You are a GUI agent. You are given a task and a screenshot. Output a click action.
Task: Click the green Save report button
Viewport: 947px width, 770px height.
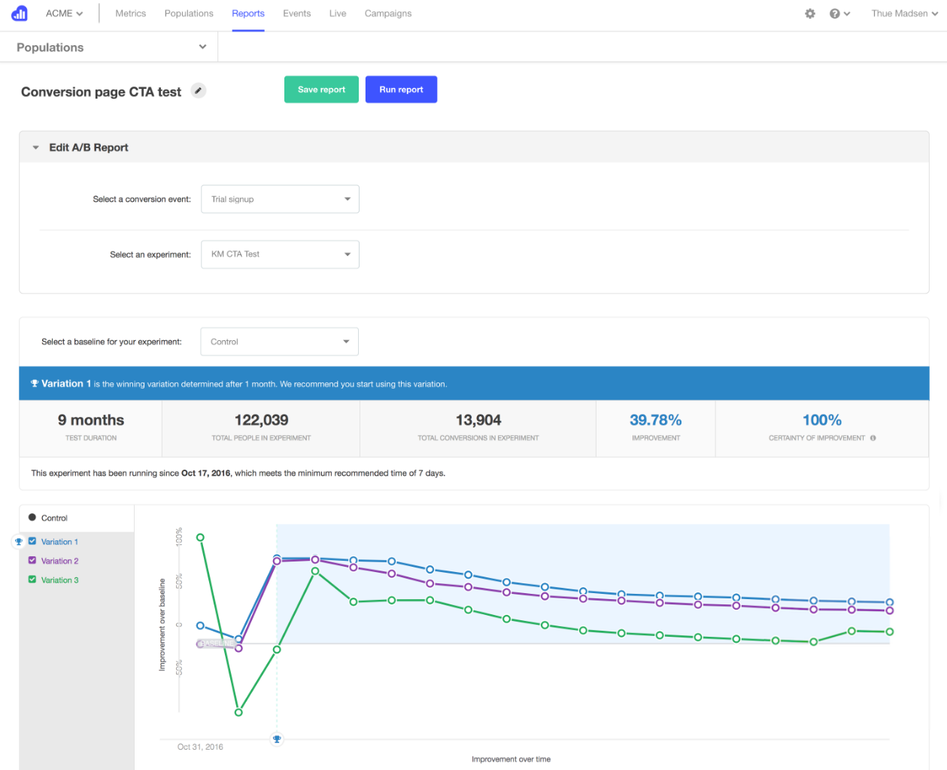pos(321,90)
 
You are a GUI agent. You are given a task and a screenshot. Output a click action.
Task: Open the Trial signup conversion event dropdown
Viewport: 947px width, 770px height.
pos(280,199)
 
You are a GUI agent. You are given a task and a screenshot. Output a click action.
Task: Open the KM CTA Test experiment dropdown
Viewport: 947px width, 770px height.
pos(280,254)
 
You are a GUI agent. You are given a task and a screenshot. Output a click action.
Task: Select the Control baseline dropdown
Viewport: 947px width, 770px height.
pos(279,342)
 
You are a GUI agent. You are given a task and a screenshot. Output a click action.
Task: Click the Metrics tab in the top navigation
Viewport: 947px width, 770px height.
pos(130,14)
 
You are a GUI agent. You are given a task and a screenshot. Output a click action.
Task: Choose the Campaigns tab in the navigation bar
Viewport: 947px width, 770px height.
pos(387,14)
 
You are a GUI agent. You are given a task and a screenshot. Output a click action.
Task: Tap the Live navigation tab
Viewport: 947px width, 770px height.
pos(338,14)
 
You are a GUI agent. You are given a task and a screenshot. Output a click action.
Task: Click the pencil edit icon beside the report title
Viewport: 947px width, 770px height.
pos(199,91)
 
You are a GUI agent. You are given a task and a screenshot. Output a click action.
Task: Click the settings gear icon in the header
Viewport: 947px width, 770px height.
pos(810,14)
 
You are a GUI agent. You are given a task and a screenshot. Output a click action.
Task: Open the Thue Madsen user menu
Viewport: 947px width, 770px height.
pos(903,14)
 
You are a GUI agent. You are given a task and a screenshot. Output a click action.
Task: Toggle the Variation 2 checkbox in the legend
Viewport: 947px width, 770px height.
pos(32,561)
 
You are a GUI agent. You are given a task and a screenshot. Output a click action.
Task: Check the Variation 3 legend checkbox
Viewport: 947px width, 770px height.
pos(32,580)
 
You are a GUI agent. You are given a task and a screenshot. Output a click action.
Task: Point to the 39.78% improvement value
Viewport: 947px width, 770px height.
pos(655,420)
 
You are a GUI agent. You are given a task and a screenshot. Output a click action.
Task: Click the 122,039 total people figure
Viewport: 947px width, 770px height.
pos(261,420)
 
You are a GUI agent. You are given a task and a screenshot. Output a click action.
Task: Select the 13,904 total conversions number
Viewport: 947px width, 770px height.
pos(478,420)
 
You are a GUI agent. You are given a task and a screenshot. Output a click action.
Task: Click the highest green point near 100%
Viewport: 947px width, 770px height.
pos(200,537)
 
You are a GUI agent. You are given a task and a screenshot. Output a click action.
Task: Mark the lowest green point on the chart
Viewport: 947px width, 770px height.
pos(238,712)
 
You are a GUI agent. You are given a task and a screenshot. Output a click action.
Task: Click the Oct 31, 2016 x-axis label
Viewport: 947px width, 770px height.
pos(200,747)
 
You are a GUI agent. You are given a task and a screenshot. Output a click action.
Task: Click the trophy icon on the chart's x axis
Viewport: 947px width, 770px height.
pos(277,739)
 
